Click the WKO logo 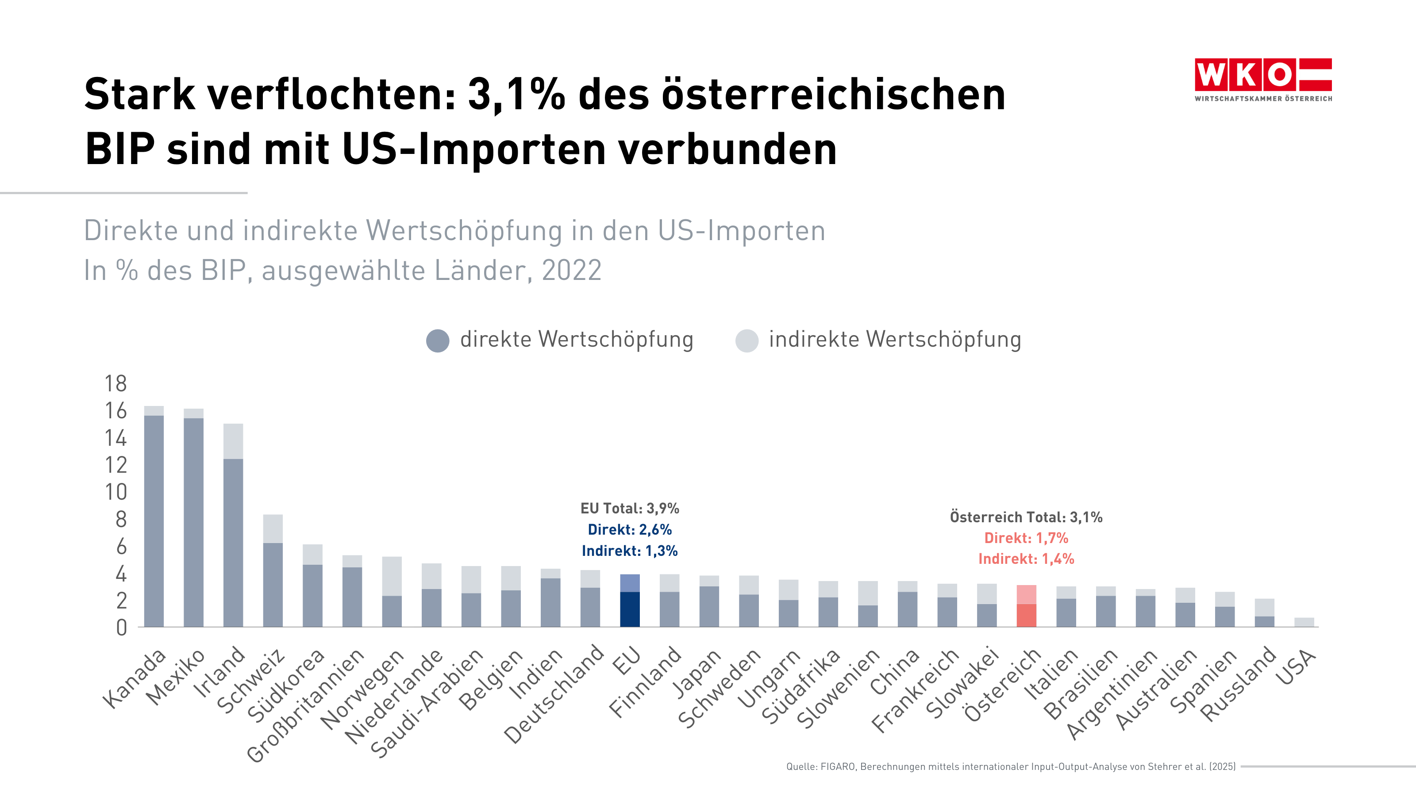(x=1262, y=79)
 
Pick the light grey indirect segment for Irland (x=233, y=441)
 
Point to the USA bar (x=1304, y=622)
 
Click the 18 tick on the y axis (x=115, y=383)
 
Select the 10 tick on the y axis (x=115, y=492)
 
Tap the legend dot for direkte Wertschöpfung (x=438, y=341)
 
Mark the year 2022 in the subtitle (x=572, y=270)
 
